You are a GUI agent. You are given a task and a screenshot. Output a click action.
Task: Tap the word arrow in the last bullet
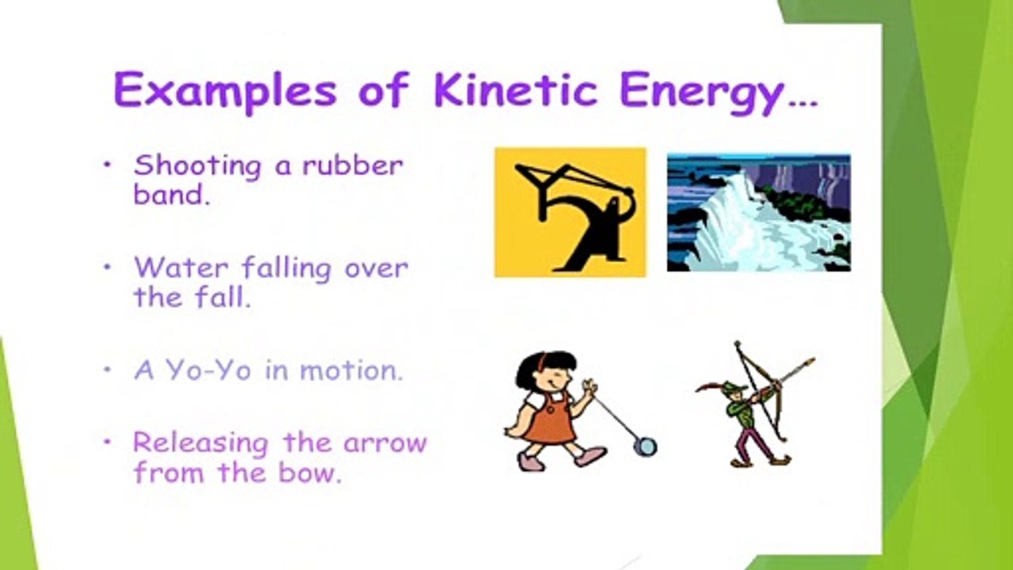pyautogui.click(x=385, y=442)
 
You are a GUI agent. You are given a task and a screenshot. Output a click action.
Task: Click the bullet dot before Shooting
pyautogui.click(x=108, y=165)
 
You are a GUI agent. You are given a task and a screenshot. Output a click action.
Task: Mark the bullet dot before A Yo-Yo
pyautogui.click(x=108, y=370)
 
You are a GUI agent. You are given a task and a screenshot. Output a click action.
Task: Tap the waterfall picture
pyautogui.click(x=758, y=212)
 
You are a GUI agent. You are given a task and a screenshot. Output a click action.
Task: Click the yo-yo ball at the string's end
pyautogui.click(x=646, y=446)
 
